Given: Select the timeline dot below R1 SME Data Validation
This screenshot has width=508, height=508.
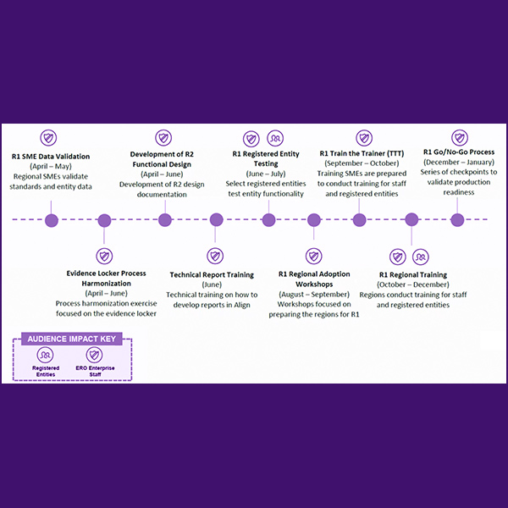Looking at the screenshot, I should pyautogui.click(x=51, y=220).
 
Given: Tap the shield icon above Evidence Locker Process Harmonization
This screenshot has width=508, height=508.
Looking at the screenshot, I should pyautogui.click(x=105, y=255).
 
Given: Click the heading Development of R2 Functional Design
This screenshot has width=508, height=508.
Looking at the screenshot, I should pyautogui.click(x=164, y=160).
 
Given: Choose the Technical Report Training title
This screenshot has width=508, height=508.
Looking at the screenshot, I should pyautogui.click(x=212, y=274).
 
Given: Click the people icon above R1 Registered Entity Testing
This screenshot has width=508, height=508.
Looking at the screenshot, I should pyautogui.click(x=275, y=138).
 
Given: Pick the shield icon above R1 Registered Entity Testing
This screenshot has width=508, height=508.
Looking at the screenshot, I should pyautogui.click(x=251, y=138).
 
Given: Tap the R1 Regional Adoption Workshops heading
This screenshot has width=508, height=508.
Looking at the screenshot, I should pyautogui.click(x=314, y=279).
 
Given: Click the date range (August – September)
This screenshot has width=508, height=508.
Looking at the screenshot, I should pyautogui.click(x=314, y=294).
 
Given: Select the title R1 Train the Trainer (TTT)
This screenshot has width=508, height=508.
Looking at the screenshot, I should pyautogui.click(x=360, y=153).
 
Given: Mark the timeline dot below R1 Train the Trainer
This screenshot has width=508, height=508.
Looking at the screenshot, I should pyautogui.click(x=360, y=220).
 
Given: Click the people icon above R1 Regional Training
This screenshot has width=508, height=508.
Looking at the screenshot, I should pyautogui.click(x=420, y=256).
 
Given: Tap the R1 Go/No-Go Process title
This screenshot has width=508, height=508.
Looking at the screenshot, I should pyautogui.click(x=458, y=152).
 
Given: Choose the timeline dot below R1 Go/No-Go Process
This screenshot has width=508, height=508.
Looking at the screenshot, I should pyautogui.click(x=457, y=220).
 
